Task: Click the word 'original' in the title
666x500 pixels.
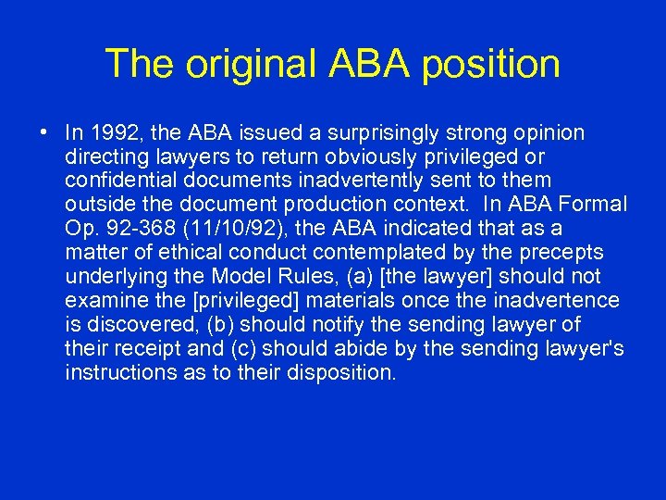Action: coord(249,64)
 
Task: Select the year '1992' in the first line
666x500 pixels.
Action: coord(107,133)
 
